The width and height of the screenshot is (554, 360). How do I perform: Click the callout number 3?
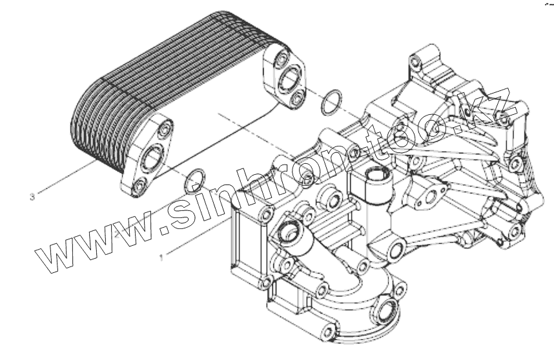32,192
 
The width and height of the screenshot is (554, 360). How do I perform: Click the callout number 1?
162,256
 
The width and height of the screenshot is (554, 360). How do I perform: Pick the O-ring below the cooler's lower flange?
195,181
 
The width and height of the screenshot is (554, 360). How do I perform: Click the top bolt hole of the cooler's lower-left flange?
166,130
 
